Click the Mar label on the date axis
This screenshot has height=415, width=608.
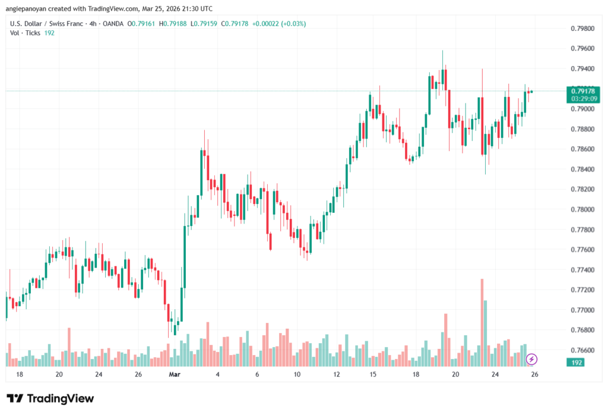click(174, 375)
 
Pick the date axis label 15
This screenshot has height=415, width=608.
click(373, 375)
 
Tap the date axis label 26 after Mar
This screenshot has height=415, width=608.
click(534, 375)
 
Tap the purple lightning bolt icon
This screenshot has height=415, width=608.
click(532, 359)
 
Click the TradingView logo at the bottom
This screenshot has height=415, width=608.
click(50, 398)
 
